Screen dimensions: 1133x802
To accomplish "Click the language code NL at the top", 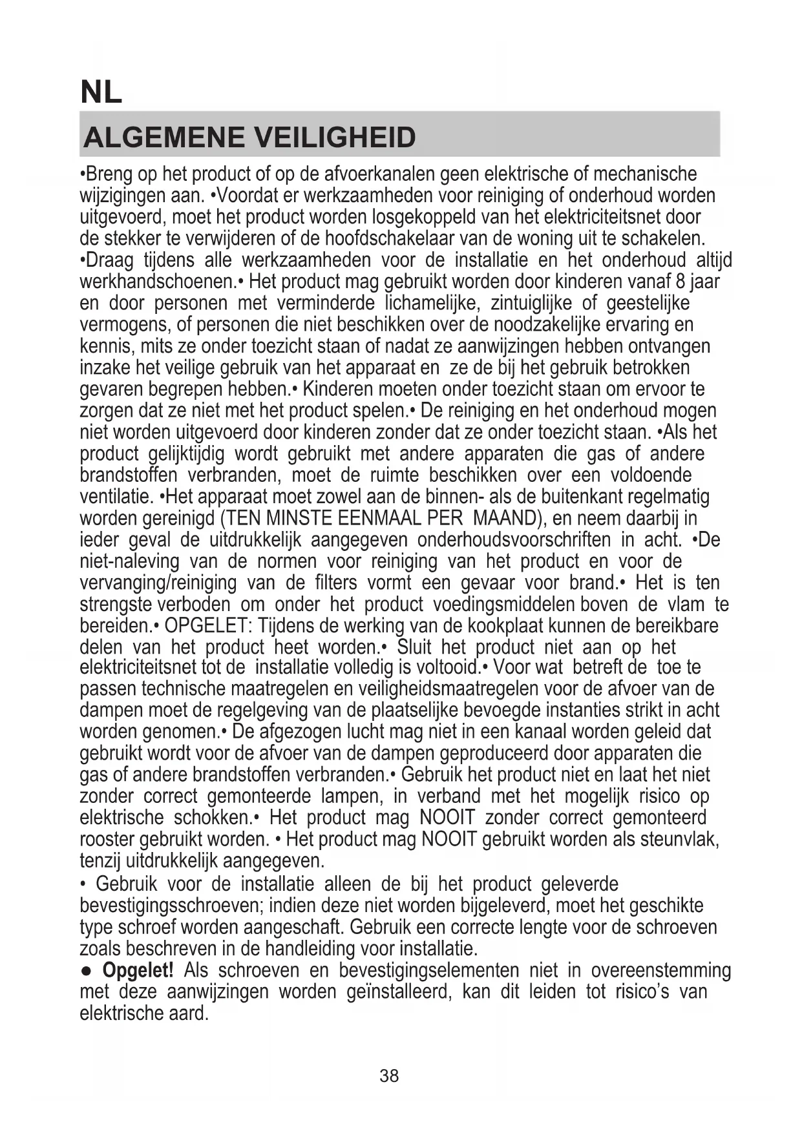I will tap(101, 92).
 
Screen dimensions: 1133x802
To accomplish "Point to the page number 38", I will tap(389, 1076).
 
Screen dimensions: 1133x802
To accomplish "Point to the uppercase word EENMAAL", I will tap(374, 518).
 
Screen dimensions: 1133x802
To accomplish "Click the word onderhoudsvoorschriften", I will tap(513, 539).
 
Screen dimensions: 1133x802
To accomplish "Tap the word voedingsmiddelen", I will tap(503, 605).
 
